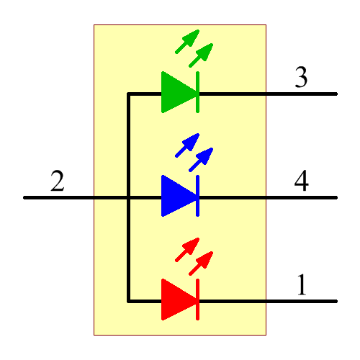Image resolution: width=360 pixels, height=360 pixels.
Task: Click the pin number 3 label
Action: [302, 78]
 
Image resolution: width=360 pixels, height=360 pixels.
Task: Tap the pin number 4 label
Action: [302, 181]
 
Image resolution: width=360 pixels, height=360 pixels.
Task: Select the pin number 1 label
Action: [302, 286]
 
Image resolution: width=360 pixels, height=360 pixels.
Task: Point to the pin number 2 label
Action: [58, 181]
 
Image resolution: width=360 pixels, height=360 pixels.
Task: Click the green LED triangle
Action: [176, 93]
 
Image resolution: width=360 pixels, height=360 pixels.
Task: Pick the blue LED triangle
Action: [176, 196]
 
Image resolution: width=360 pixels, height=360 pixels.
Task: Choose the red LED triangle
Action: [176, 300]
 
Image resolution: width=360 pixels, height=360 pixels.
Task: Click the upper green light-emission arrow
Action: [189, 41]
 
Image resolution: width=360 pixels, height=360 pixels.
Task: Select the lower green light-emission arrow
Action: [202, 55]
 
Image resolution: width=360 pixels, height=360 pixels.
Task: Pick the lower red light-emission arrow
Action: [202, 262]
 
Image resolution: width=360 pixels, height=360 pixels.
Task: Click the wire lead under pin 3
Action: [302, 94]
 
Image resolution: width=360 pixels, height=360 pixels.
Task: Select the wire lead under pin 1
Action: [302, 300]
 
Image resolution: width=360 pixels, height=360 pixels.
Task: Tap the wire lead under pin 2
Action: [58, 197]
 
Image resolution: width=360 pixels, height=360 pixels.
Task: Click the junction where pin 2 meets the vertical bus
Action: [128, 197]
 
